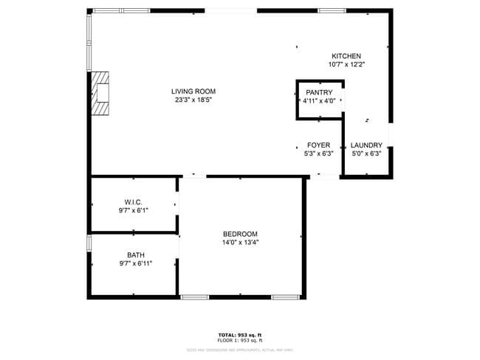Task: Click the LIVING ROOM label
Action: point(195,91)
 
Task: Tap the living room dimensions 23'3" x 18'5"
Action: point(195,100)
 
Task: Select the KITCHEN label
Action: point(346,56)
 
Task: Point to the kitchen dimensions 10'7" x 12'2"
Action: point(346,65)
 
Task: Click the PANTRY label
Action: point(319,92)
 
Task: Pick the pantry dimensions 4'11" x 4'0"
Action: point(319,101)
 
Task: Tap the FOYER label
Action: point(319,145)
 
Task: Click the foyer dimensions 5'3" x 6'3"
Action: point(319,154)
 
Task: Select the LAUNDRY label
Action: point(366,145)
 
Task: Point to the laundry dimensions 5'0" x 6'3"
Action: point(366,154)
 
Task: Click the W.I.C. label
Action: point(133,201)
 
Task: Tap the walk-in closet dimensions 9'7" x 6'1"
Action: point(133,210)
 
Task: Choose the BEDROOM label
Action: point(240,234)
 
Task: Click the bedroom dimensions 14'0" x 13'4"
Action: point(240,243)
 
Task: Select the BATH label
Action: point(136,255)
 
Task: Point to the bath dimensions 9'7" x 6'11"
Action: point(136,264)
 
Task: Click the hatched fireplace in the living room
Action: point(100,94)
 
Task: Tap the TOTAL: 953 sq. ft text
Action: point(240,335)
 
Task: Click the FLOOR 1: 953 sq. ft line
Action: point(240,341)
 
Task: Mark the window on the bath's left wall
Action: point(89,243)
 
